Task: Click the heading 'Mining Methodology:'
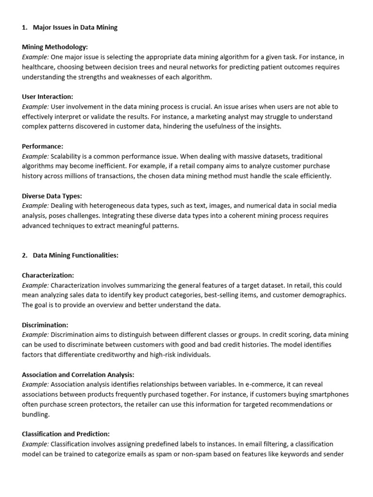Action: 55,47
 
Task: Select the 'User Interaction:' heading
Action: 48,97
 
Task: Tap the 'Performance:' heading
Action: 43,146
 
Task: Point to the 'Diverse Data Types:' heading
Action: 51,196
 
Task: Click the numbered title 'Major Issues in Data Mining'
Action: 75,28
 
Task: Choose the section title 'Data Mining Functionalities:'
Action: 76,255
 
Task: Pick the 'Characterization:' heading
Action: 48,275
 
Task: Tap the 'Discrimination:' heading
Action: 45,325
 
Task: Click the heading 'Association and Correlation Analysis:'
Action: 78,374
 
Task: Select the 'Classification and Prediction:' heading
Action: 66,433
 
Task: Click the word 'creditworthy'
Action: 121,354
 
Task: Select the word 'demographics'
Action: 325,295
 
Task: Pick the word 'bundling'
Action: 35,414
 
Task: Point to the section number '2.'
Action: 25,255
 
